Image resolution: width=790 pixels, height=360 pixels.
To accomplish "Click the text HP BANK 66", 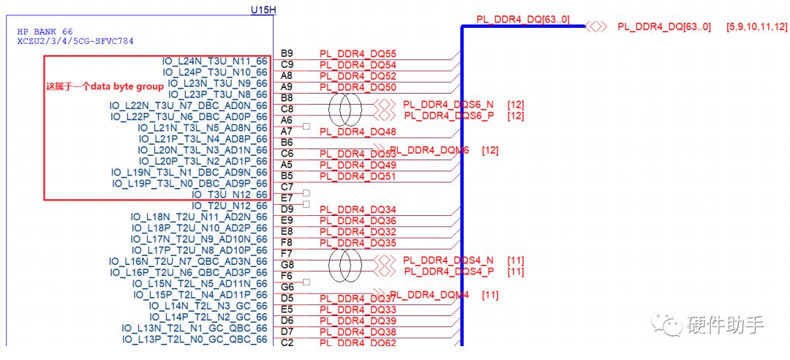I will [45, 32].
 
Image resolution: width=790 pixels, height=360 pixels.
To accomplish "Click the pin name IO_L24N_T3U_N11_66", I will [215, 61].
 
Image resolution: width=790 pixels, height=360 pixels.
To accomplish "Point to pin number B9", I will [287, 53].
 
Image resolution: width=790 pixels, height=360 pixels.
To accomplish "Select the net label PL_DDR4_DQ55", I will [358, 55].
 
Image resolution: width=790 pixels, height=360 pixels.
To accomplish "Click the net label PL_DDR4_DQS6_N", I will [448, 105].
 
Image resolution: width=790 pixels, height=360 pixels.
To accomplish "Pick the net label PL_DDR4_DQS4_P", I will [448, 271].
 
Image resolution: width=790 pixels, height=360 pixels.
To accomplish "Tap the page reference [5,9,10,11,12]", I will [756, 27].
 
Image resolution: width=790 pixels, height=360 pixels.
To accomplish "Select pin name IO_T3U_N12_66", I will [229, 195].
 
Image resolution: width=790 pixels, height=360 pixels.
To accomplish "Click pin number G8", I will [287, 264].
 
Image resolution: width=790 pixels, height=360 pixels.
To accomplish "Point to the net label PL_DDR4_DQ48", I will [358, 132].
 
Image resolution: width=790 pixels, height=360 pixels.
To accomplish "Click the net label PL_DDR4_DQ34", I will [358, 210].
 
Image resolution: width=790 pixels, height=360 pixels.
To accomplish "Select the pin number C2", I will [287, 342].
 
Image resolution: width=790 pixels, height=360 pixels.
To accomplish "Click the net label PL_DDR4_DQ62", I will [358, 343].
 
